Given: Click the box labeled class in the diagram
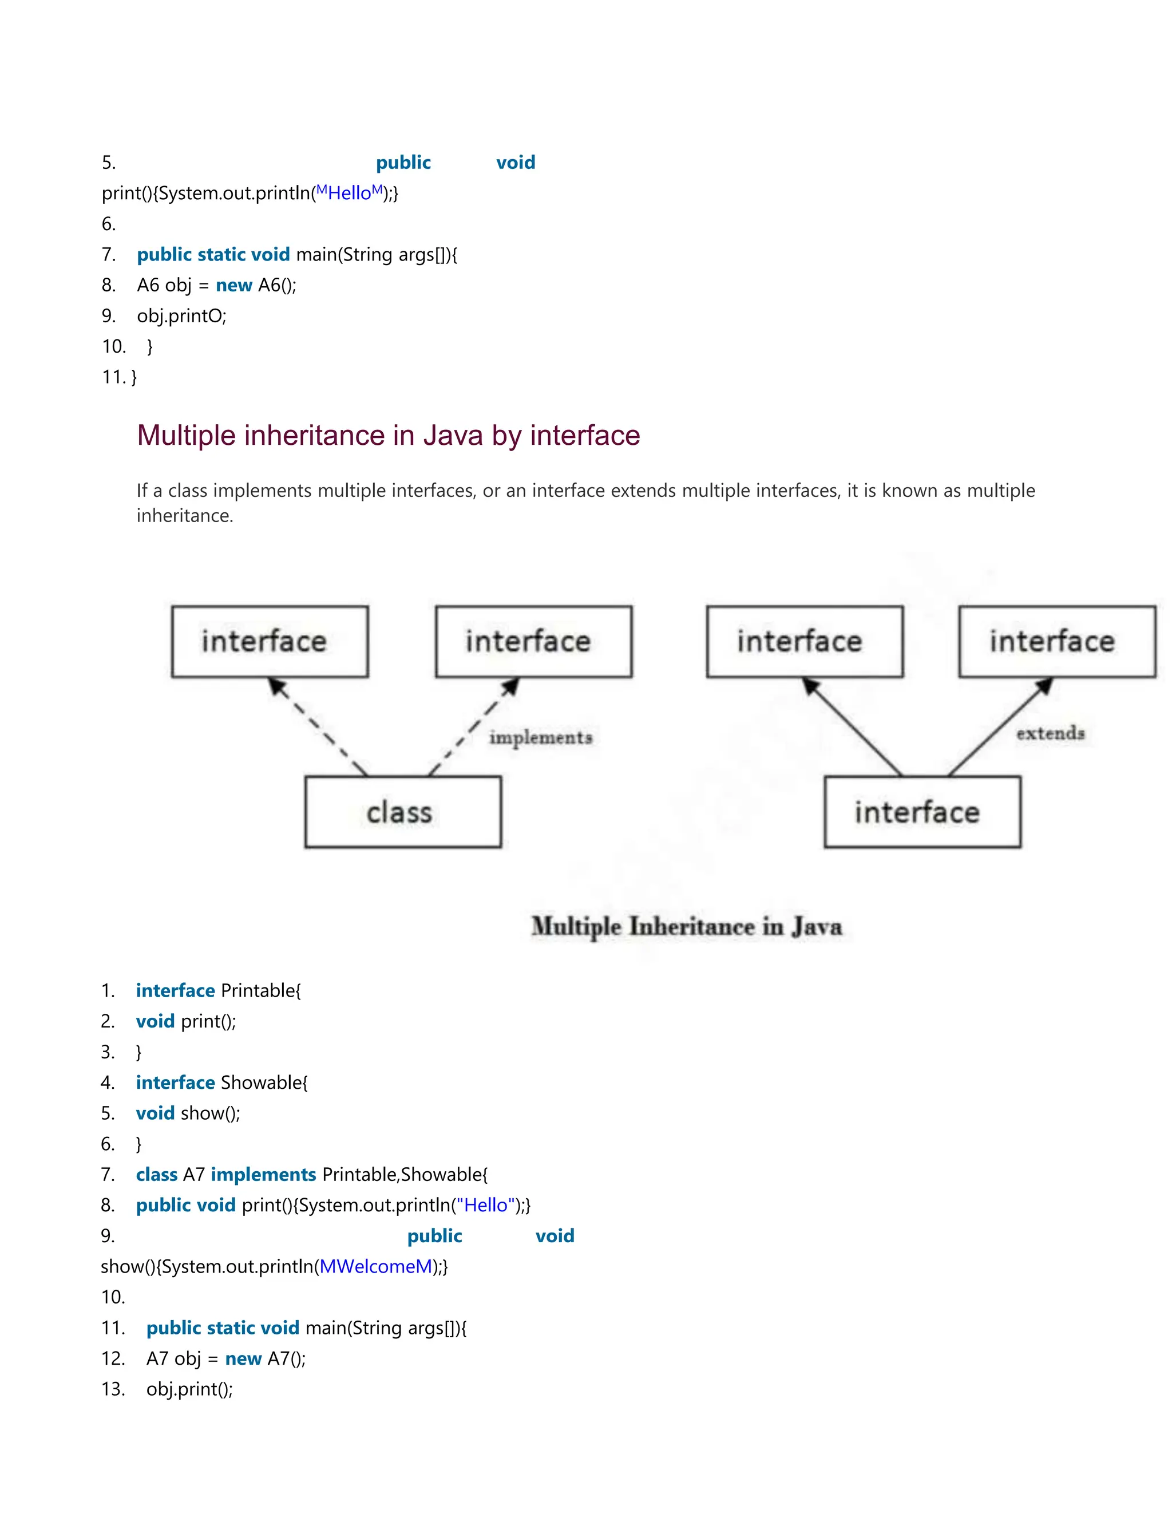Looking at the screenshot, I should point(403,811).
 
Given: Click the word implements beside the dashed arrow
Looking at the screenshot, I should point(541,738).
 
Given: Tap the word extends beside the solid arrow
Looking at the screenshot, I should point(1050,733).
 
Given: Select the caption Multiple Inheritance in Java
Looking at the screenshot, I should point(687,927).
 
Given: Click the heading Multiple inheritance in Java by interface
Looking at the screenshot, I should point(388,436).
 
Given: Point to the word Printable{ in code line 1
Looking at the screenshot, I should point(261,990).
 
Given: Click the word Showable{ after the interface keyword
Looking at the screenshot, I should point(264,1082).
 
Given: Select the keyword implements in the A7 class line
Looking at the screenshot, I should point(263,1175).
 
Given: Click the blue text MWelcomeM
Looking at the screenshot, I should point(375,1266).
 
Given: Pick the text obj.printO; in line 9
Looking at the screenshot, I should point(182,316).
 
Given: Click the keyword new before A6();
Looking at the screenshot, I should point(234,286).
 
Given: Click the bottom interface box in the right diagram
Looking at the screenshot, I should point(922,811).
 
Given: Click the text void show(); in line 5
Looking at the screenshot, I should point(188,1113).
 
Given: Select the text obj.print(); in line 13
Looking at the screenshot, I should point(189,1389).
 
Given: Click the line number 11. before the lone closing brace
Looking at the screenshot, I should point(113,377).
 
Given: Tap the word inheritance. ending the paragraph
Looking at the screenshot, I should point(185,516).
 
